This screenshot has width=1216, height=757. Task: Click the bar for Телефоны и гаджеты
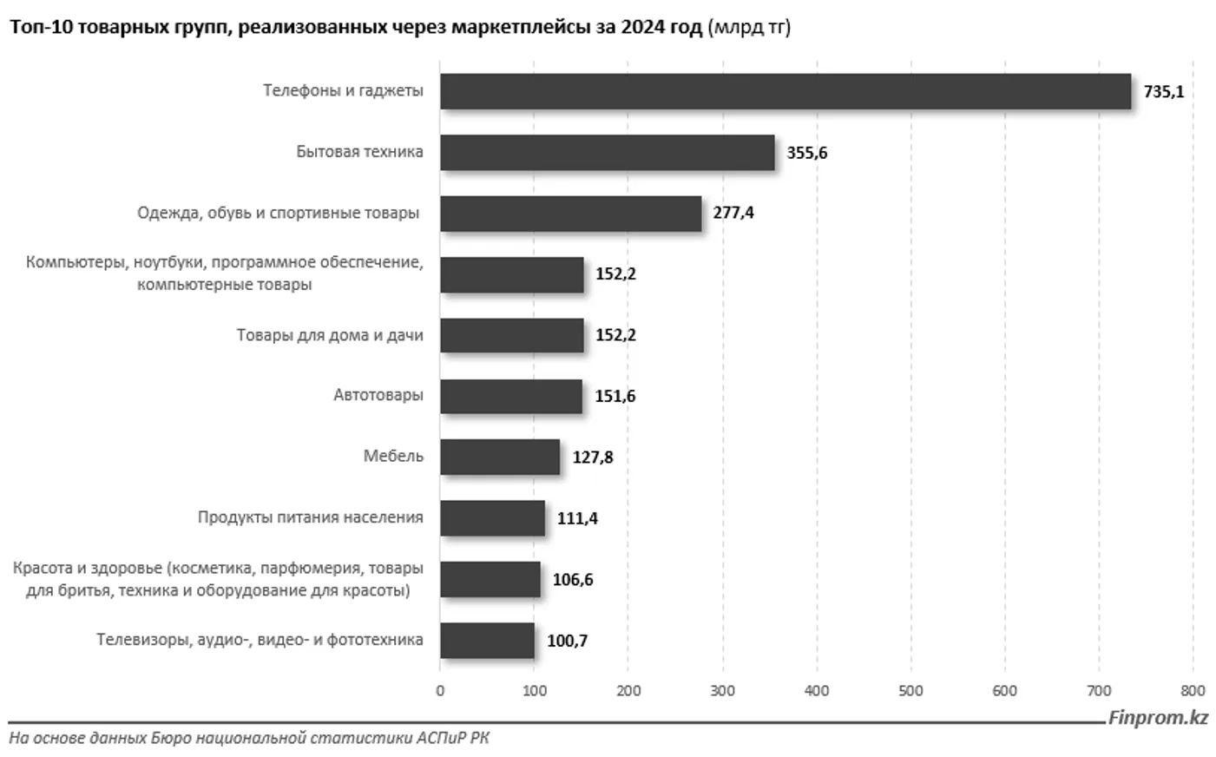[x=785, y=91]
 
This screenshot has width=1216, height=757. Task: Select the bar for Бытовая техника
[x=607, y=152]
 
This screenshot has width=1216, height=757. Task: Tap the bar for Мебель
[x=499, y=457]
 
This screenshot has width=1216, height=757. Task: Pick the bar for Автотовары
[x=510, y=396]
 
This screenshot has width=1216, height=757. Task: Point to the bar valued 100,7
[x=487, y=641]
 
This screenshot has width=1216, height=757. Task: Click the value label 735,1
[x=1163, y=91]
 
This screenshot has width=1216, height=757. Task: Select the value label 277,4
[x=733, y=213]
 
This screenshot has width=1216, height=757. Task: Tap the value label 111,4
[x=577, y=518]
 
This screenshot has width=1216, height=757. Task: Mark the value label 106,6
[x=573, y=579]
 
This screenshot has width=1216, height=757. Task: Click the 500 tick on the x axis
[x=910, y=691]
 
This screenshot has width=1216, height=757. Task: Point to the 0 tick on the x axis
[x=440, y=691]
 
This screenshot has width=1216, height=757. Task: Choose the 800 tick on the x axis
[x=1193, y=691]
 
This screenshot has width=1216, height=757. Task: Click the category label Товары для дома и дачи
[x=330, y=335]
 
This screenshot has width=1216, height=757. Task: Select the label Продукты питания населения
[x=310, y=517]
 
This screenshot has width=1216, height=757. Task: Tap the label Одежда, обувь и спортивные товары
[x=278, y=213]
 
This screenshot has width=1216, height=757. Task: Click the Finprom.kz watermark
[x=1158, y=718]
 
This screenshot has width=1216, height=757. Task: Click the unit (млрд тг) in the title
[x=750, y=28]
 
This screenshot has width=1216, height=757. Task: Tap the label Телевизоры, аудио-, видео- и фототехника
[x=260, y=640]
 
